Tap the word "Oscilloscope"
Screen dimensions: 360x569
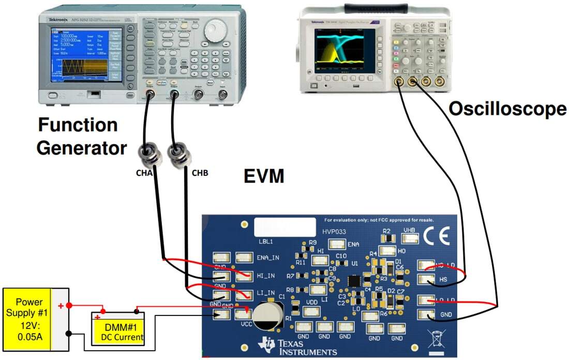click(x=507, y=109)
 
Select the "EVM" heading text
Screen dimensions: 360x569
click(x=264, y=176)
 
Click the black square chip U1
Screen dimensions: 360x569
click(x=354, y=281)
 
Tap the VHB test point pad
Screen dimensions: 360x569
click(x=410, y=238)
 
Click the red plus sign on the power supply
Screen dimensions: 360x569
click(x=61, y=306)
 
